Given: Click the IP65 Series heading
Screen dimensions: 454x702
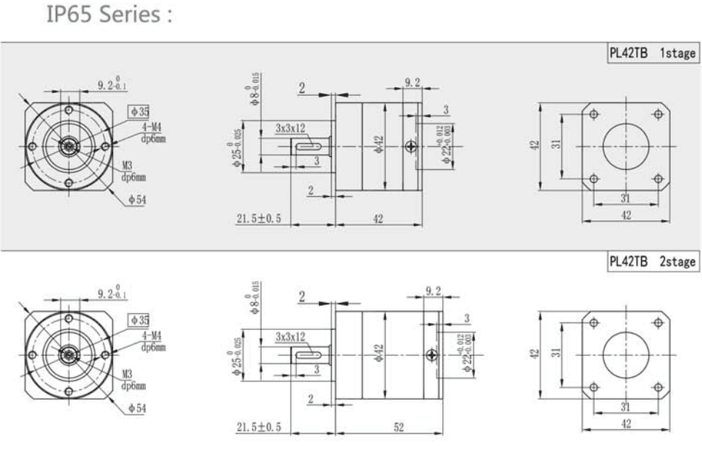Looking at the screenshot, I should (109, 15).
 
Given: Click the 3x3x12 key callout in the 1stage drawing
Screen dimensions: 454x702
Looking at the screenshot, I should (290, 128).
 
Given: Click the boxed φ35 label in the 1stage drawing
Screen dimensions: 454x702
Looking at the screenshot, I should (138, 112).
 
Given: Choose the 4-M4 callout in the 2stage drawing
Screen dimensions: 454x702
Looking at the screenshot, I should (151, 337).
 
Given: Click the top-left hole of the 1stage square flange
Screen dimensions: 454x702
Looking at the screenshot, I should (594, 114).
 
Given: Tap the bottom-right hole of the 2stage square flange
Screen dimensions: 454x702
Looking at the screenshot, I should (658, 387).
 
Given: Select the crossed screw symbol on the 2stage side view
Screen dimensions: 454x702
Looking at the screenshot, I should (432, 355).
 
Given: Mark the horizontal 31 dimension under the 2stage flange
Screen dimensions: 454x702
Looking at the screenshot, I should (625, 406).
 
